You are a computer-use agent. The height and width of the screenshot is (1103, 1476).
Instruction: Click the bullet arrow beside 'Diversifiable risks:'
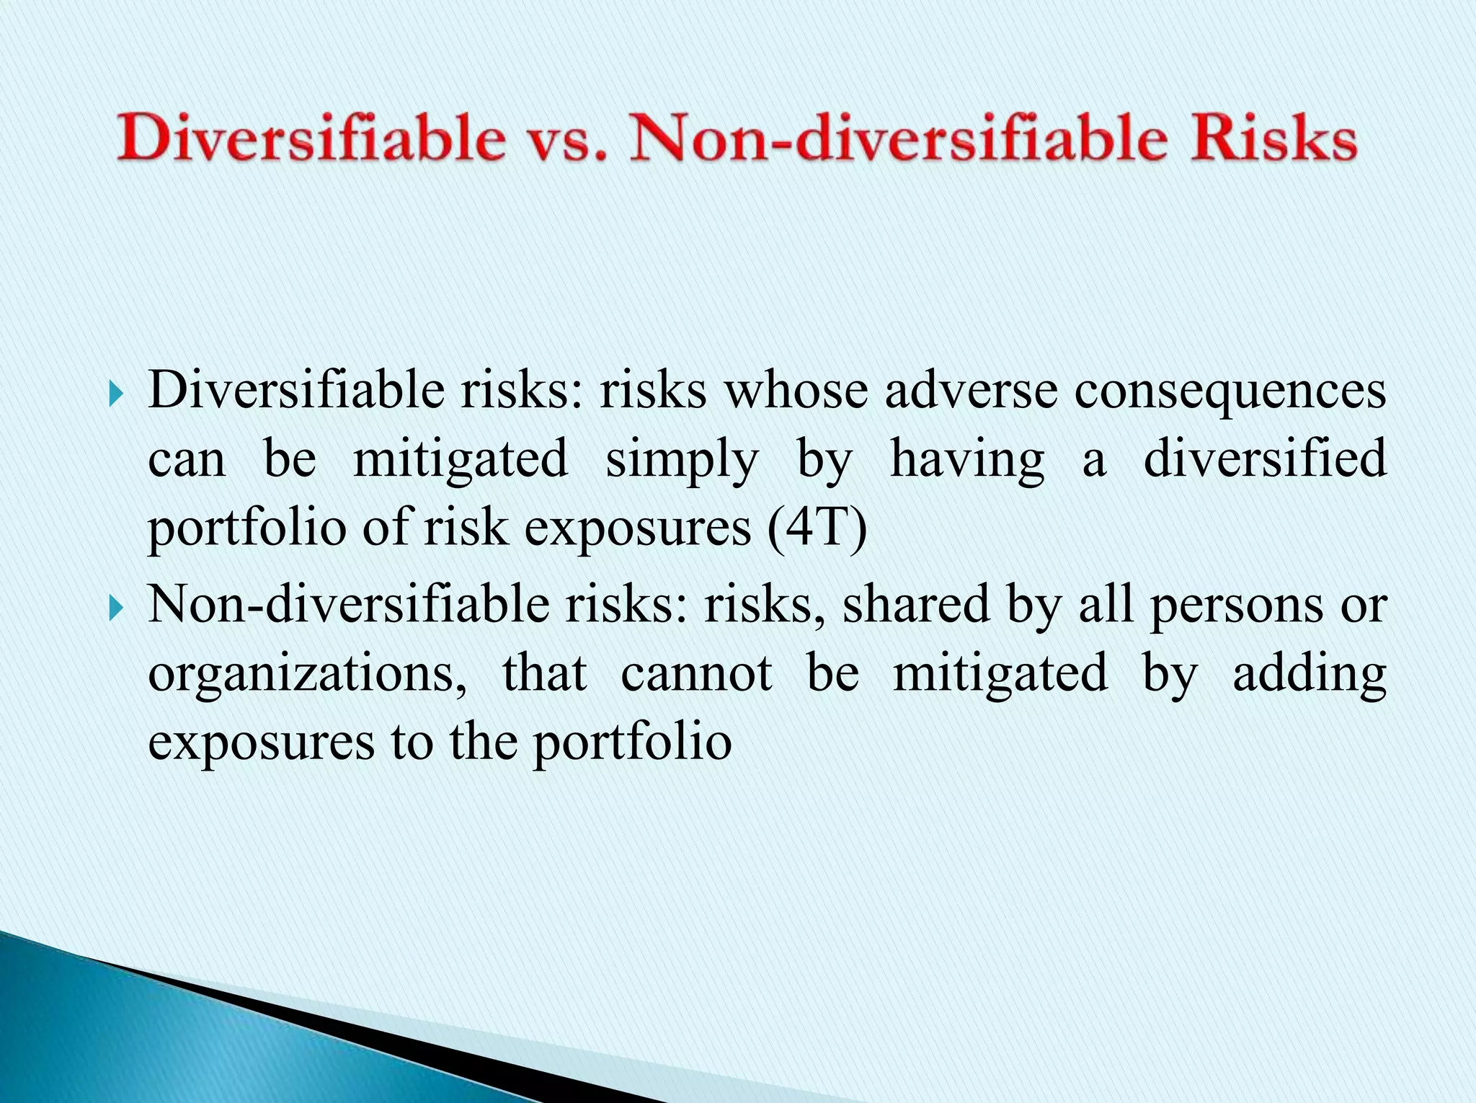click(115, 394)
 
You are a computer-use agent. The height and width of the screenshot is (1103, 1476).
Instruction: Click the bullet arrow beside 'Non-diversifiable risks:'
click(115, 607)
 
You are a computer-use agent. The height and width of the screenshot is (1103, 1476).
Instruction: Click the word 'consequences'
click(1230, 393)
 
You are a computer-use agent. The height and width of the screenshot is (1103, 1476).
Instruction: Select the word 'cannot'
click(696, 673)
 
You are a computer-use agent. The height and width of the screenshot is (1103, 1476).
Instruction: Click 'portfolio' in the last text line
click(632, 743)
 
